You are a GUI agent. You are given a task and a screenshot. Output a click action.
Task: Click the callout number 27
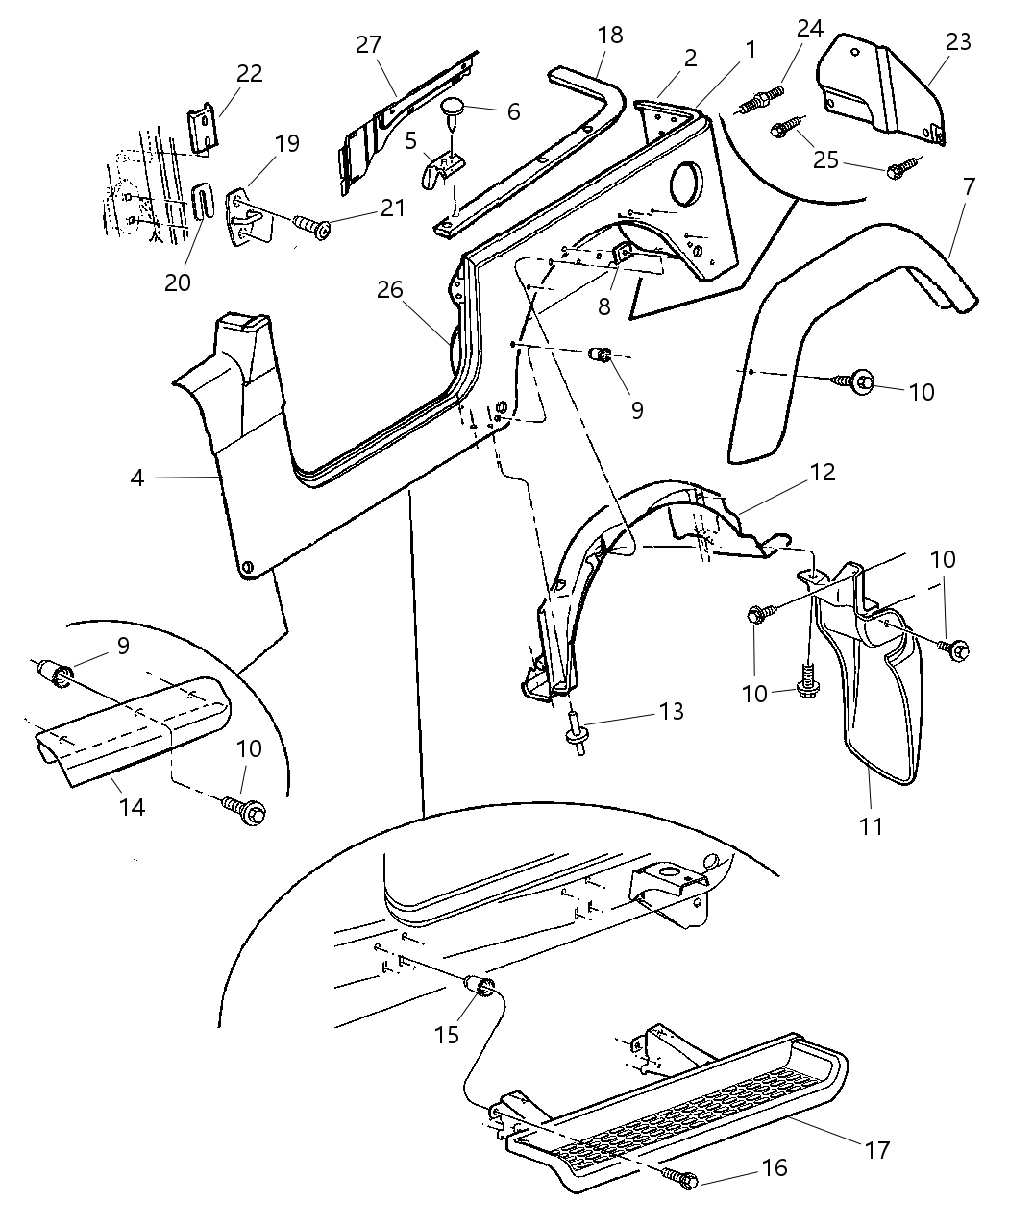pyautogui.click(x=368, y=45)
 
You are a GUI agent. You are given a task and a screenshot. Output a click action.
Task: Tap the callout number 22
pyautogui.click(x=249, y=74)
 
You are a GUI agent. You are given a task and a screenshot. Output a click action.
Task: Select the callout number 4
pyautogui.click(x=137, y=477)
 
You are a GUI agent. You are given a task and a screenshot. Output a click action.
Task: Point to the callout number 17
pyautogui.click(x=876, y=1149)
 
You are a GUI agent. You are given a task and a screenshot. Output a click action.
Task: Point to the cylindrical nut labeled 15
pyautogui.click(x=480, y=987)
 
